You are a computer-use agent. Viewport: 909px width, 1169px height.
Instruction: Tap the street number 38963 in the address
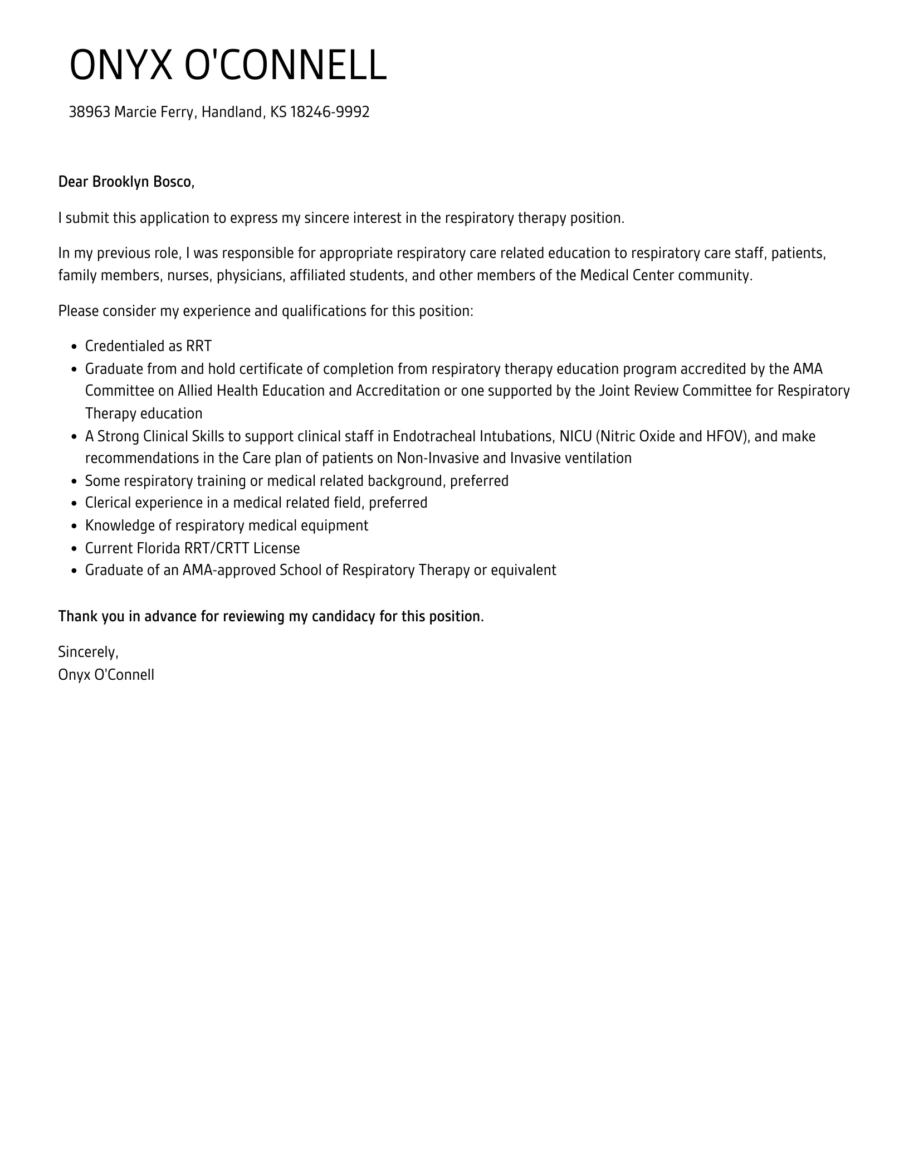coord(89,113)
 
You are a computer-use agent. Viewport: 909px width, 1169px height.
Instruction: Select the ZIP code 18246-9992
coord(330,113)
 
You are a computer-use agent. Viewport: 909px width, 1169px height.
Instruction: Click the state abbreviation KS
coord(278,113)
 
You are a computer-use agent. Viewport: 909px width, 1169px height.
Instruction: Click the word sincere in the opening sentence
coord(326,218)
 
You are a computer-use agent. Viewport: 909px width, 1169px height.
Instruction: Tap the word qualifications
coord(324,311)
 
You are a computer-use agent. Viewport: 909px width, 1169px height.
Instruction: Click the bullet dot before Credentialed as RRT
coord(74,347)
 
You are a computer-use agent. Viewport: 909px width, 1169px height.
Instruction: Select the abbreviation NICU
coord(575,436)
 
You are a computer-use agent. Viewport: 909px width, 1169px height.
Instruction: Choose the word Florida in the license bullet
coord(158,548)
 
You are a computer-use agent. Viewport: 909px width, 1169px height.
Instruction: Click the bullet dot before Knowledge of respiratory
coord(74,526)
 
